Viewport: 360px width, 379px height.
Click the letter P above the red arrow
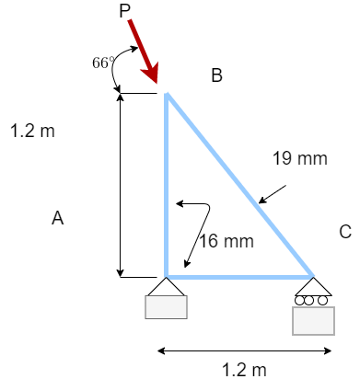click(126, 11)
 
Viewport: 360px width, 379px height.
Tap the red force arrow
click(145, 52)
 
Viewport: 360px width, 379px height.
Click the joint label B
click(216, 76)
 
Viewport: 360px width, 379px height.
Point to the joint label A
click(57, 218)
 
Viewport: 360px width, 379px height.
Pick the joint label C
click(345, 233)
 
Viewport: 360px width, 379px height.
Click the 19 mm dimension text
click(300, 159)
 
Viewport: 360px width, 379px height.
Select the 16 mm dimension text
click(226, 242)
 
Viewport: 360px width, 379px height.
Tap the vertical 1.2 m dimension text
click(32, 131)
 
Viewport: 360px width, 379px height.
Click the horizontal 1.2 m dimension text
click(244, 370)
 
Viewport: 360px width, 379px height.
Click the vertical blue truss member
click(167, 184)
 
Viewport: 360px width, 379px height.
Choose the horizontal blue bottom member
click(239, 276)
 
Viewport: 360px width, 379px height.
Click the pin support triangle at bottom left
click(166, 287)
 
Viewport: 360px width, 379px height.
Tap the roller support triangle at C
click(313, 286)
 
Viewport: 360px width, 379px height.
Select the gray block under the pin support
click(166, 307)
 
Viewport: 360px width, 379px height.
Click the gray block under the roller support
click(313, 320)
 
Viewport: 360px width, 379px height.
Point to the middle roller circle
click(313, 300)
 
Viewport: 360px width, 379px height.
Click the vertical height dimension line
click(120, 184)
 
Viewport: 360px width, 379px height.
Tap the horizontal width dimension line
click(244, 350)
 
